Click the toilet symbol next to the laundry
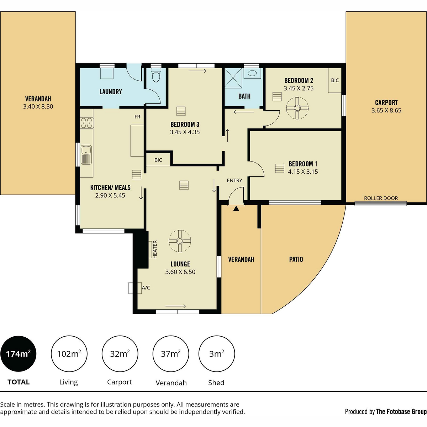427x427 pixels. tap(156, 75)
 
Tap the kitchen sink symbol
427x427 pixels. tap(86, 155)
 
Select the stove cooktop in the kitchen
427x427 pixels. tap(87, 123)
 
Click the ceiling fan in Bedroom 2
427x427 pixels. tap(297, 108)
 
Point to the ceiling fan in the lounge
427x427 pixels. tap(180, 241)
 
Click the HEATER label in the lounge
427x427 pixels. tap(155, 249)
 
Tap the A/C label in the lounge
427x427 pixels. tap(146, 288)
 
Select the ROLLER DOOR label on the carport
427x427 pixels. tap(381, 198)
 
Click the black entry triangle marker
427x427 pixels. tap(236, 209)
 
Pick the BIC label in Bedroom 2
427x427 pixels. tap(335, 80)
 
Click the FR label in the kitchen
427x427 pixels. tap(137, 117)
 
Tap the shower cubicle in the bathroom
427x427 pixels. tap(233, 78)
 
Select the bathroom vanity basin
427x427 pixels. tap(252, 73)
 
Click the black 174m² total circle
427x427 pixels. tap(19, 354)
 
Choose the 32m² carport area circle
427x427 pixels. tap(120, 354)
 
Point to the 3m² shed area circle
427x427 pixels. tap(216, 354)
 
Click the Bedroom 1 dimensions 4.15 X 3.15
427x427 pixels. tap(303, 172)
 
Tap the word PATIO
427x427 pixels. tap(296, 259)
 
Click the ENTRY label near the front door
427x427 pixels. tap(234, 181)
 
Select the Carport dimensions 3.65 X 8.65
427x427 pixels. tap(386, 110)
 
